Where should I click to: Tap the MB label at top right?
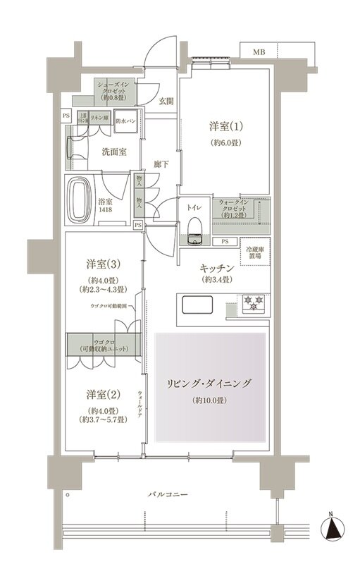click(x=259, y=52)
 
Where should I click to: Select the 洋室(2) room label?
click(x=102, y=393)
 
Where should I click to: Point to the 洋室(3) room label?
click(x=102, y=264)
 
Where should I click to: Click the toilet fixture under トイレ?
click(x=194, y=226)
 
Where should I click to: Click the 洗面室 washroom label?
click(x=113, y=151)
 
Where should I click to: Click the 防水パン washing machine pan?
click(x=126, y=120)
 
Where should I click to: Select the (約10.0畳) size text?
click(x=210, y=401)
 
